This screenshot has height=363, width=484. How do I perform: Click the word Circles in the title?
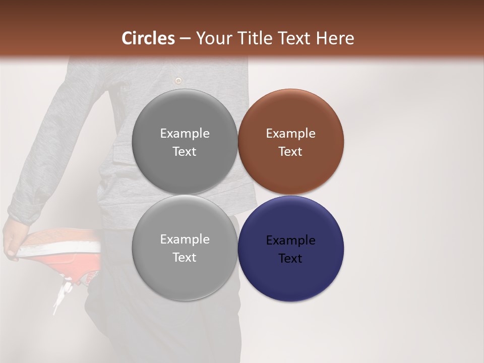click(148, 38)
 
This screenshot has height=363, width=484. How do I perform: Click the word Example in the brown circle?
click(290, 133)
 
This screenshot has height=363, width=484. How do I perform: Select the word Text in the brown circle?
click(290, 151)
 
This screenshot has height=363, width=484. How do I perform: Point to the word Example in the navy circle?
click(290, 240)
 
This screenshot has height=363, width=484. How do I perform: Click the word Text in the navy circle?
click(290, 258)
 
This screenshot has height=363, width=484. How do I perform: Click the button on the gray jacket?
click(177, 80)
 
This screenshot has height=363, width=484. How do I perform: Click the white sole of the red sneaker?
click(60, 249)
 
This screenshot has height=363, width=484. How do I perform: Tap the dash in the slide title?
click(185, 38)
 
